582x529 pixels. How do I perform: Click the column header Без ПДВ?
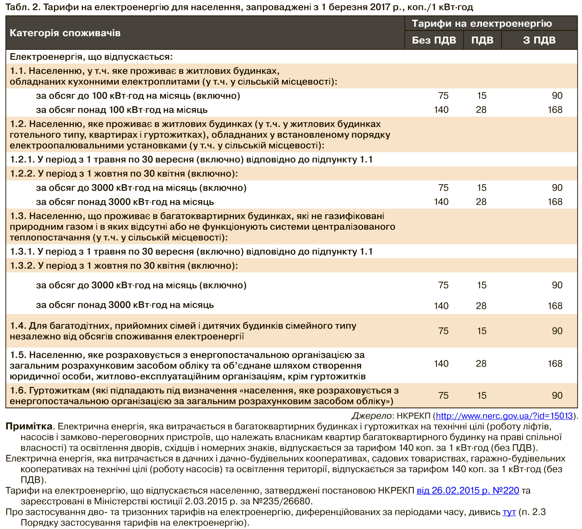click(434, 40)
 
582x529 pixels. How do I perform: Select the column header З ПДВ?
click(539, 40)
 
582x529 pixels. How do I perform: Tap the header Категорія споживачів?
click(65, 33)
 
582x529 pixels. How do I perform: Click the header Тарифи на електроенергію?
click(482, 23)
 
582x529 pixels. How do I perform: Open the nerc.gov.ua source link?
click(504, 416)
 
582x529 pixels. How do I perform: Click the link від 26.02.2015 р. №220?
click(468, 491)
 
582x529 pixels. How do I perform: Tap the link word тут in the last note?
click(509, 512)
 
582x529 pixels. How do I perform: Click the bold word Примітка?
click(29, 427)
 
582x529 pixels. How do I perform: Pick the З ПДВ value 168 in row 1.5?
click(555, 364)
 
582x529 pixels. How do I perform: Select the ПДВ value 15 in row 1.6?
click(482, 396)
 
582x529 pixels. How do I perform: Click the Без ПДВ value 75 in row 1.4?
click(443, 331)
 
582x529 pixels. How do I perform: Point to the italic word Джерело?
click(371, 416)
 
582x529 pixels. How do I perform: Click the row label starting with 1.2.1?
click(191, 160)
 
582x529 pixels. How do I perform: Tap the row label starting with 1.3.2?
click(124, 266)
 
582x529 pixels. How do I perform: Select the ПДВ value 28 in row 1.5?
click(481, 364)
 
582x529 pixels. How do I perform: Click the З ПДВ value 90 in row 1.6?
click(557, 396)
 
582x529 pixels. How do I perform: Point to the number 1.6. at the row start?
click(18, 390)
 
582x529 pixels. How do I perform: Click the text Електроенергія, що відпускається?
click(91, 57)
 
